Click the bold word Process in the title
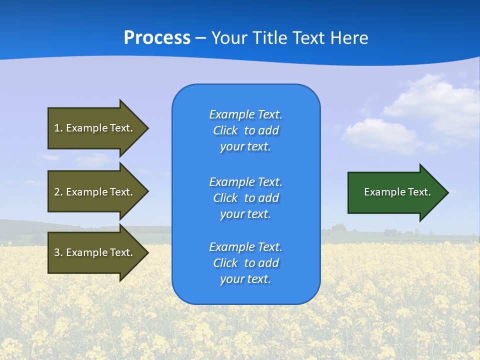coord(157,38)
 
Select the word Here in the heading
coord(349,38)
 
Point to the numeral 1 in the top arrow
coord(57,128)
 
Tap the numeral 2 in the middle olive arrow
coord(57,192)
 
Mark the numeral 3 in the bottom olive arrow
coord(57,252)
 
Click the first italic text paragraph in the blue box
coord(245,130)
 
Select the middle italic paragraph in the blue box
coord(245,198)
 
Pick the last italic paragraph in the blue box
coord(245,263)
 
